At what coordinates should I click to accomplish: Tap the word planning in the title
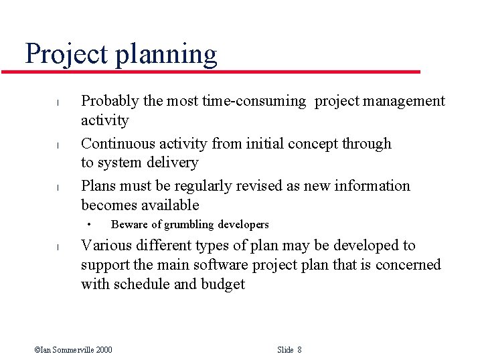166,54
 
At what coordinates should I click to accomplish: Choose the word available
170,205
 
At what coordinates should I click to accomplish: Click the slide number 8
299,350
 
